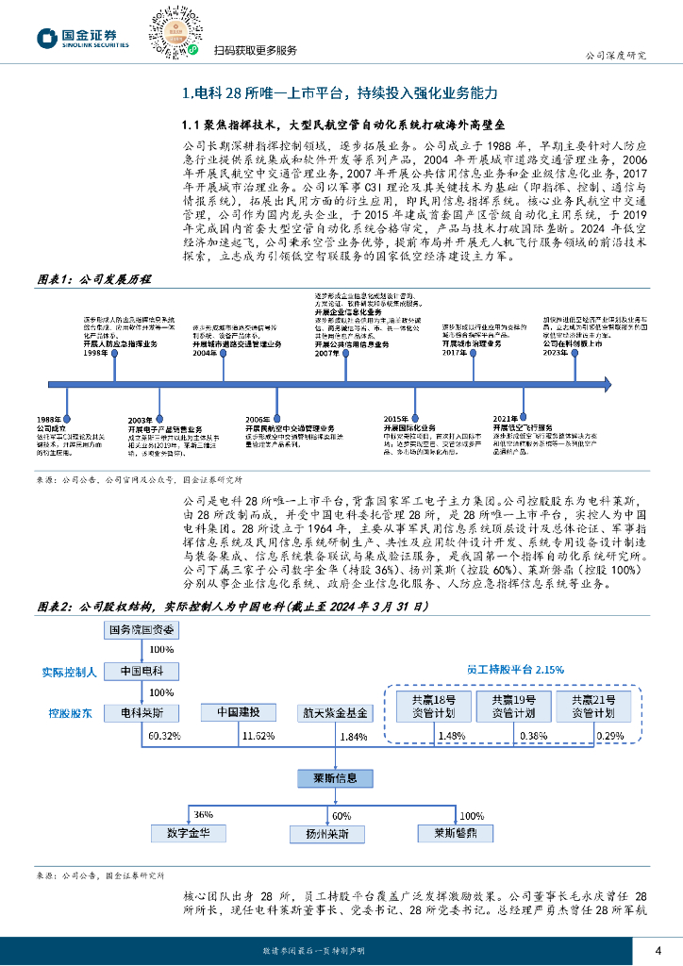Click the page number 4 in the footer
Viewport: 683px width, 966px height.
click(x=658, y=949)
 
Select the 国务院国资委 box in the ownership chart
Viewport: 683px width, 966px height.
click(x=142, y=629)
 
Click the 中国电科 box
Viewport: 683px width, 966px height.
click(x=142, y=671)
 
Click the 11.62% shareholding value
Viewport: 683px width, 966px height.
click(x=258, y=734)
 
